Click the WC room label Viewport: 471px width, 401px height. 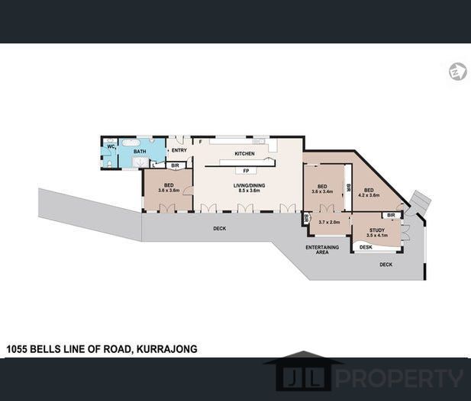pos(110,146)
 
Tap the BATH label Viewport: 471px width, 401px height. pos(140,152)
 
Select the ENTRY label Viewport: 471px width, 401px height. pos(179,149)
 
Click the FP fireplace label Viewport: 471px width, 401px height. pos(247,170)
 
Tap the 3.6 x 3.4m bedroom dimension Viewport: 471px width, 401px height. pos(322,193)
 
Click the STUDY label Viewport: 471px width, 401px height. pos(377,230)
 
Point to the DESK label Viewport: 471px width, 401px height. pos(366,247)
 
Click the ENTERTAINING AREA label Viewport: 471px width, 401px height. pos(321,251)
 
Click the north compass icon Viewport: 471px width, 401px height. pos(457,71)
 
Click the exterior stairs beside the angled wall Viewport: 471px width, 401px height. pos(418,202)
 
